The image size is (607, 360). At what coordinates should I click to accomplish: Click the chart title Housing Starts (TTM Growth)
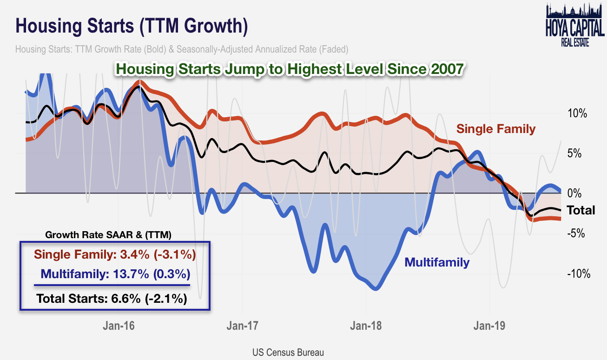pyautogui.click(x=132, y=26)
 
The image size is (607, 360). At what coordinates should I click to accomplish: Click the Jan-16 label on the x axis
pyautogui.click(x=119, y=326)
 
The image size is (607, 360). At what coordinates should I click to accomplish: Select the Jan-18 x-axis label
pyautogui.click(x=366, y=326)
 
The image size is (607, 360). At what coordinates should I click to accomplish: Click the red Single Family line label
pyautogui.click(x=496, y=129)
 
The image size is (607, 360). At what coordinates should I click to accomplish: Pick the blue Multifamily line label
pyautogui.click(x=437, y=262)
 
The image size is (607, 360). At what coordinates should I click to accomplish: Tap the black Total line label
pyautogui.click(x=581, y=210)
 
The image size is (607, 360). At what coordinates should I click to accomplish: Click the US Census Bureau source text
pyautogui.click(x=288, y=352)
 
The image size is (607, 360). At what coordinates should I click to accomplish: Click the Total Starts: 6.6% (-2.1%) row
pyautogui.click(x=112, y=298)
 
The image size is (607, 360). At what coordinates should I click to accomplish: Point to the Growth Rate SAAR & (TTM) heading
pyautogui.click(x=108, y=235)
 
